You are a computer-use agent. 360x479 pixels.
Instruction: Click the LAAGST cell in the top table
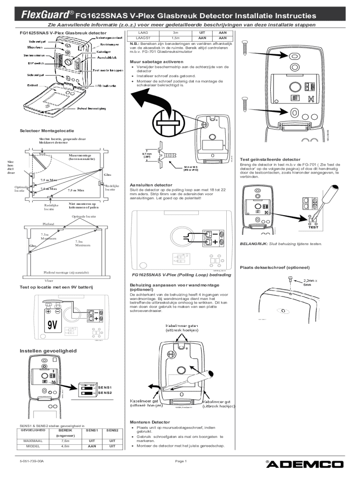pyautogui.click(x=142, y=38)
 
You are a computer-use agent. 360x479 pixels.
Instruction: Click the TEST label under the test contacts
pyautogui.click(x=313, y=227)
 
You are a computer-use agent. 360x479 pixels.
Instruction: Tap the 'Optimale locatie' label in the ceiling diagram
pyautogui.click(x=84, y=217)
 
